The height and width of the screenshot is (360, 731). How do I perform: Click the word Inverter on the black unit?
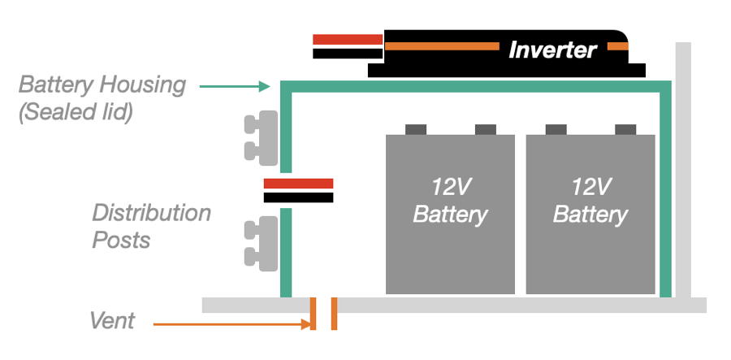coord(552,50)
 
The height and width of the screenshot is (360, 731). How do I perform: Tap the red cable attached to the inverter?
coord(347,39)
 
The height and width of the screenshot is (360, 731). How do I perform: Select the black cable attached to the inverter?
coord(347,54)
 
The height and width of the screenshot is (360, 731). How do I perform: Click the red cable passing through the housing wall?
coord(298,184)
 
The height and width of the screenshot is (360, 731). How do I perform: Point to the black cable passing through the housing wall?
coord(298,197)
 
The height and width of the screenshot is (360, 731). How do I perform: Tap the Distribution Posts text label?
coord(151,227)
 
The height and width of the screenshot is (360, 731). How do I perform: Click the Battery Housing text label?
coord(102,85)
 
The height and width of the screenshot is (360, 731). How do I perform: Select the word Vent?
coord(112,322)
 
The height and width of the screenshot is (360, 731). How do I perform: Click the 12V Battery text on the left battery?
coord(450,201)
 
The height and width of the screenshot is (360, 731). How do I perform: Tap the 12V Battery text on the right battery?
coord(590,201)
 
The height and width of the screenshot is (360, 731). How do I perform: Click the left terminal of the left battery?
coord(415,128)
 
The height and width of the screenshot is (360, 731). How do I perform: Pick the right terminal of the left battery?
coord(485,128)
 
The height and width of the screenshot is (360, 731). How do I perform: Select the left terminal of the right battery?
coord(556,128)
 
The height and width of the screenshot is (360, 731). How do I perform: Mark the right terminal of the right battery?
coord(625,128)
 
